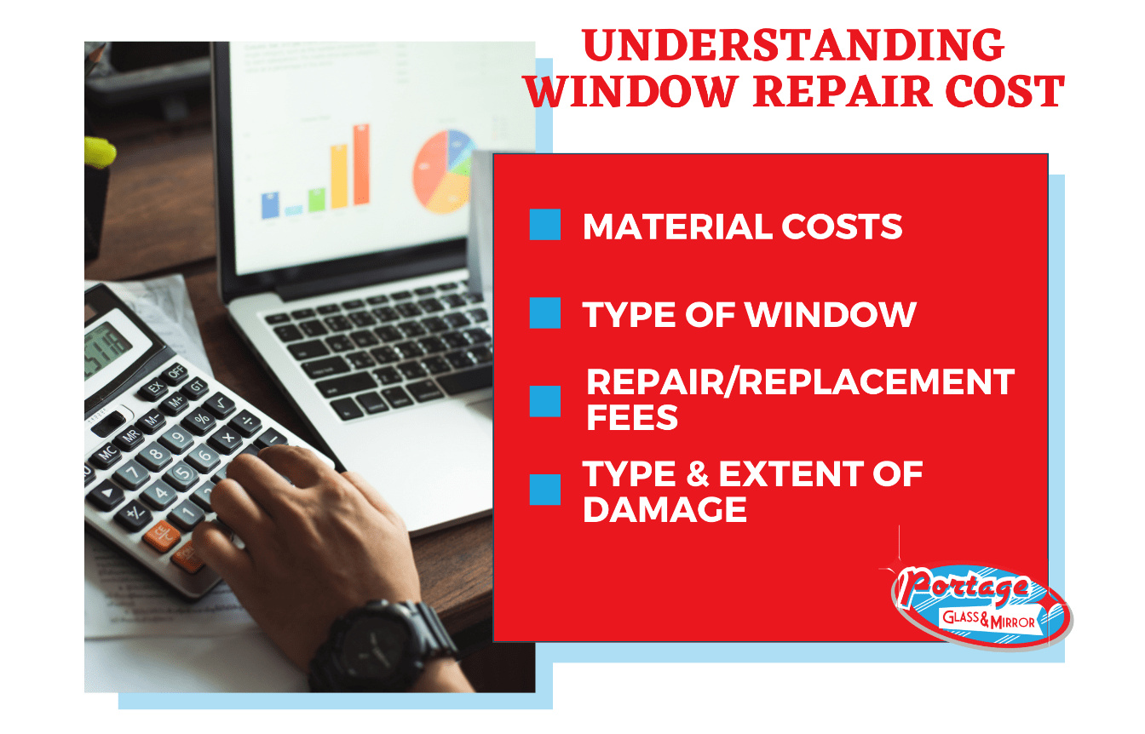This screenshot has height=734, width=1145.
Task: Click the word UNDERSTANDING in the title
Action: coord(793,45)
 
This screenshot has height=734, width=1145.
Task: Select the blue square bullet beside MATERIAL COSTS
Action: coord(545,224)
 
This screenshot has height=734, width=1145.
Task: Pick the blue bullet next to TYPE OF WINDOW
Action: coord(545,313)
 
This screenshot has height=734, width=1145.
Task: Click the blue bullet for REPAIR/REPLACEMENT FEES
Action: coord(545,401)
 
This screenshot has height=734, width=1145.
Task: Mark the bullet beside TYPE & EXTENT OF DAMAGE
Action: coord(545,490)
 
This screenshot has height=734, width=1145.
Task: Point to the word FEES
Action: coord(632,417)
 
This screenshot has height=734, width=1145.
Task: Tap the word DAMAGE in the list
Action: coord(665,509)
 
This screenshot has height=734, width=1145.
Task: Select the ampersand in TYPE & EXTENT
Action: coord(698,473)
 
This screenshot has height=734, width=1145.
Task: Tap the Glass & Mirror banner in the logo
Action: coord(988,620)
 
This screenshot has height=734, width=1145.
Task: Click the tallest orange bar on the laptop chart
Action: coord(361,164)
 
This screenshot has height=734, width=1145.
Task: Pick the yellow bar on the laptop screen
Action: coord(339,176)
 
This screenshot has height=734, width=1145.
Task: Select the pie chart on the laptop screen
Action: coord(444,171)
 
